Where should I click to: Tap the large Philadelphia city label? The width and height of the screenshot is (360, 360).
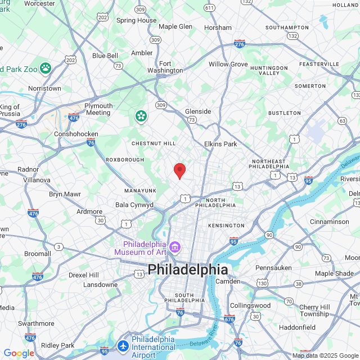[x=188, y=269]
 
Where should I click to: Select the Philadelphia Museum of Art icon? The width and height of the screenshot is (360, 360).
[x=175, y=247]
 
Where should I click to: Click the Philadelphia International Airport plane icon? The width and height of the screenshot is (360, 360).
[x=124, y=344]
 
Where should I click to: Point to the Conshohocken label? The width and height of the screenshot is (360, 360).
[x=76, y=134]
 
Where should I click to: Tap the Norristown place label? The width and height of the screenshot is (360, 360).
[x=44, y=88]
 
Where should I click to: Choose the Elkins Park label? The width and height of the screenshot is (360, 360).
[x=220, y=144]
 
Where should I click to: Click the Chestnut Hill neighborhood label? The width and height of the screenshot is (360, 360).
[x=154, y=143]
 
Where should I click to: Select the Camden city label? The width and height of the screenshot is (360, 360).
[x=228, y=281]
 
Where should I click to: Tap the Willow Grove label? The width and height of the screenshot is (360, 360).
[x=228, y=64]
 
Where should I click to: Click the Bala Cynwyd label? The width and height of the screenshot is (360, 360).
[x=134, y=205]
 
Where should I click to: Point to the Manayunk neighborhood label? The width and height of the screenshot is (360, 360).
[x=140, y=191]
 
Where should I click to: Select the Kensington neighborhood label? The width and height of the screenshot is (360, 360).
[x=226, y=226]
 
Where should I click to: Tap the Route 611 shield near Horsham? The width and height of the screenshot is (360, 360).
[x=210, y=7]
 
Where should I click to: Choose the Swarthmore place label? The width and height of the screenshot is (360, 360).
[x=36, y=323]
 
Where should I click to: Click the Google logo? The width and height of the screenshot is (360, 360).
[x=19, y=353]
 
